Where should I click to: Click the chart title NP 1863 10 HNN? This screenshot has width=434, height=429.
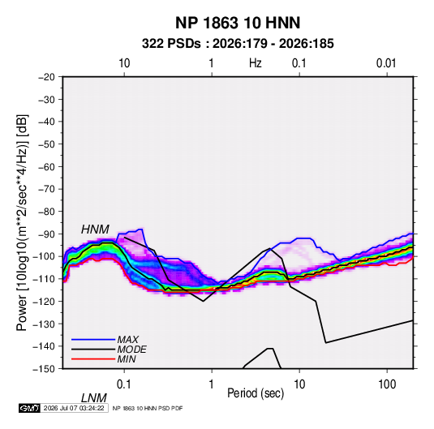point(238,23)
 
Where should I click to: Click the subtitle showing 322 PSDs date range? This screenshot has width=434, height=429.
point(238,44)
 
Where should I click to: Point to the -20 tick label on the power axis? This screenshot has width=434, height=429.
point(46,77)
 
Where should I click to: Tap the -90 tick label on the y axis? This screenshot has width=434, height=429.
point(46,234)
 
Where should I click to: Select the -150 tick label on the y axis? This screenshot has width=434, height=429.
point(44,369)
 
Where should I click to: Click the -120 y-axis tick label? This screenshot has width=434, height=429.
point(44,302)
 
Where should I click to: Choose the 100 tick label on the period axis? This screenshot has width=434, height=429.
point(387,384)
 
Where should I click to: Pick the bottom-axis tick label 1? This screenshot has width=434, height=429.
point(212,384)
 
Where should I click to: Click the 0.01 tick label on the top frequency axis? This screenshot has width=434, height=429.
point(386,63)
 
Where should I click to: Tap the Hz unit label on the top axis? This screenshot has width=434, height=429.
point(256,63)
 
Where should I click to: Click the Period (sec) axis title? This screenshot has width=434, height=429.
point(256,393)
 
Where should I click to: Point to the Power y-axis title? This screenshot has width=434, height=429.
point(22,223)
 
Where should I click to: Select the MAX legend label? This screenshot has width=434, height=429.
point(128,339)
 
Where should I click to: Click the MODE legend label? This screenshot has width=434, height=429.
point(131,350)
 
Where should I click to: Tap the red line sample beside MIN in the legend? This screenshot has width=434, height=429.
point(93,359)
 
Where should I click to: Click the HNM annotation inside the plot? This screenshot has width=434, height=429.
point(95,230)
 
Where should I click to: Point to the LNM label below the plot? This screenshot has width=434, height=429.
point(94,398)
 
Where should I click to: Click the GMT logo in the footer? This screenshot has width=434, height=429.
point(29,408)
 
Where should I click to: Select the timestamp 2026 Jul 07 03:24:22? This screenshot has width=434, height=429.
point(74,408)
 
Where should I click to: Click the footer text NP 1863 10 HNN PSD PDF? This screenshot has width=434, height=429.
point(148,408)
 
